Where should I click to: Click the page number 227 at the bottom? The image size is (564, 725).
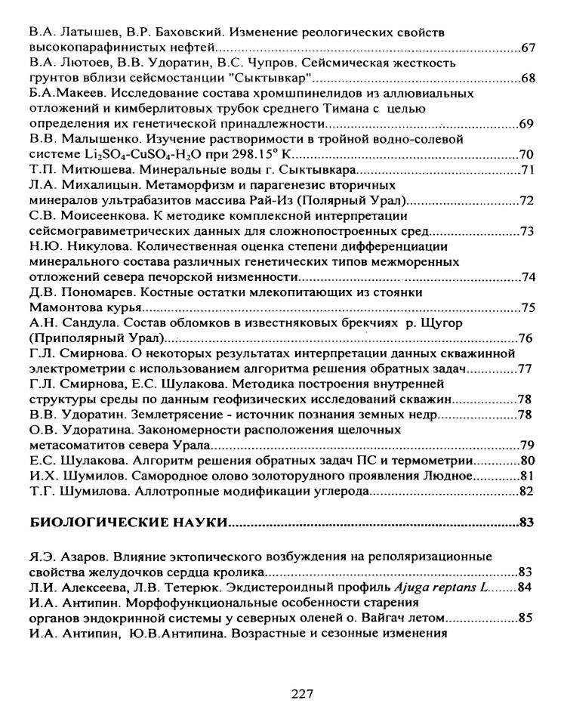click(302, 694)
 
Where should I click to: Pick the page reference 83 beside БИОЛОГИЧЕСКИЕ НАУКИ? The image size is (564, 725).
click(527, 522)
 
